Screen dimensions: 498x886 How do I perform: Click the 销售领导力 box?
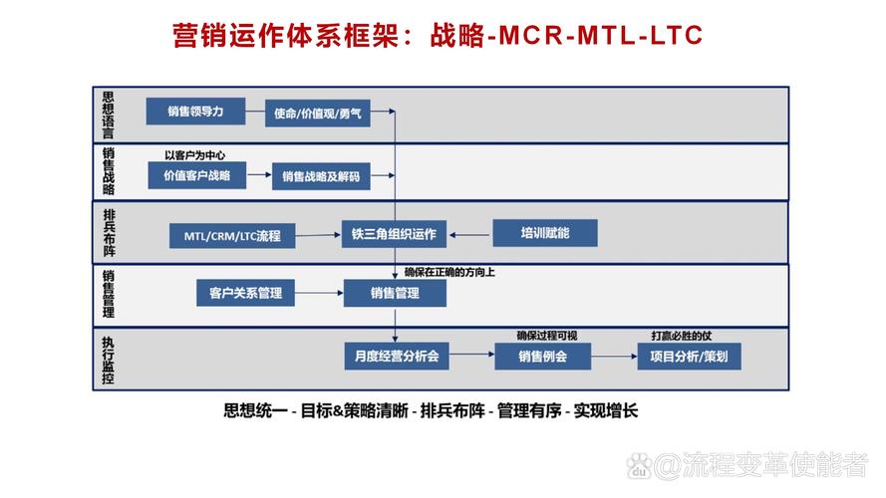tap(195, 112)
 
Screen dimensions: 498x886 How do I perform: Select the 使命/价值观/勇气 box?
tap(318, 114)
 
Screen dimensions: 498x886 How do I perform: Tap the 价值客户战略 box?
tap(195, 175)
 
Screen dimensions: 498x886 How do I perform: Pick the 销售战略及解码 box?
tap(320, 177)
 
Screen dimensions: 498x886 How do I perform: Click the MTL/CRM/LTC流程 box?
tap(231, 236)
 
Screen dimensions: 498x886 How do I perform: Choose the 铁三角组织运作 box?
tap(394, 235)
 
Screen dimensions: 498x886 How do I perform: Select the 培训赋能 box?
tap(545, 234)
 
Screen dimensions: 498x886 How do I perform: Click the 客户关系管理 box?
tap(245, 293)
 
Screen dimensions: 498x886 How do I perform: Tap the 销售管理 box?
tap(394, 293)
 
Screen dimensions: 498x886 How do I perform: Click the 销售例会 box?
tap(542, 356)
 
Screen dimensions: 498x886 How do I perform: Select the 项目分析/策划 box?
tap(689, 356)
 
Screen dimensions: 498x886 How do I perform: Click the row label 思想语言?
tap(108, 115)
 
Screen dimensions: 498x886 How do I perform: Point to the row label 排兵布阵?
tap(109, 232)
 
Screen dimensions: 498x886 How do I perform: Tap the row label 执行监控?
tap(108, 359)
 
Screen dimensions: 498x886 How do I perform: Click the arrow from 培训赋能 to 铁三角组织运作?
tap(470, 235)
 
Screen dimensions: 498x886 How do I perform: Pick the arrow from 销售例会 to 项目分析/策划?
tap(615, 356)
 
